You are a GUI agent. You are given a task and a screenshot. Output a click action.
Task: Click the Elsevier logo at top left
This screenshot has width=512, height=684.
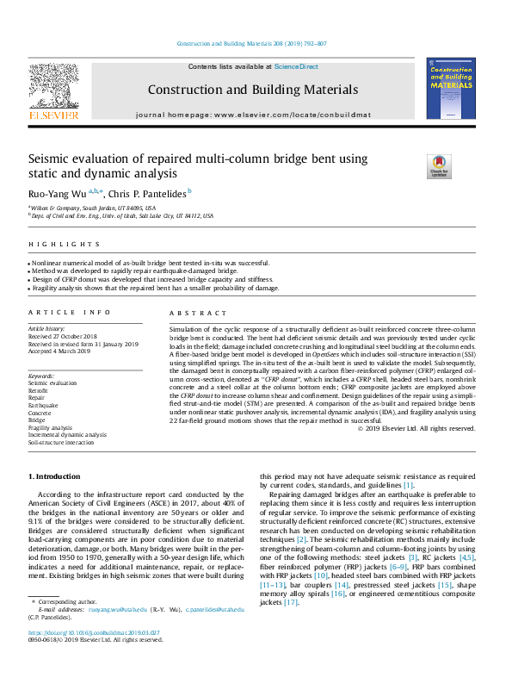click(54, 90)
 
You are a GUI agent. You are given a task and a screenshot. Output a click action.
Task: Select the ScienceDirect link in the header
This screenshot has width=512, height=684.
click(296, 66)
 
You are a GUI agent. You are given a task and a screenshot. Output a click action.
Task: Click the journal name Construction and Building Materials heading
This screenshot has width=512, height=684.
click(252, 90)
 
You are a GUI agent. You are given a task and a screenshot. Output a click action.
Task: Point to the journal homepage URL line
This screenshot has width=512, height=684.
click(252, 115)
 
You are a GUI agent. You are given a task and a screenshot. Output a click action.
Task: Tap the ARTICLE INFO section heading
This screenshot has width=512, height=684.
click(70, 312)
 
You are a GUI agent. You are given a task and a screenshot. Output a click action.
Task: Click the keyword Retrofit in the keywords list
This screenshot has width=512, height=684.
click(40, 389)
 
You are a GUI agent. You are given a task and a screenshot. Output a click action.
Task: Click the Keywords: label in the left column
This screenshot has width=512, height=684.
click(41, 376)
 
